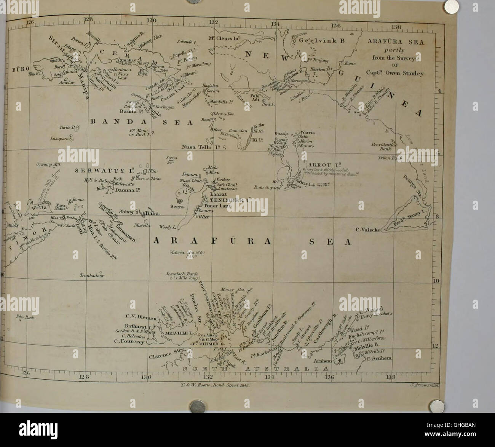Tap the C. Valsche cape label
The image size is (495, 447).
point(368,229)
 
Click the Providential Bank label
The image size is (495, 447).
point(385,147)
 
